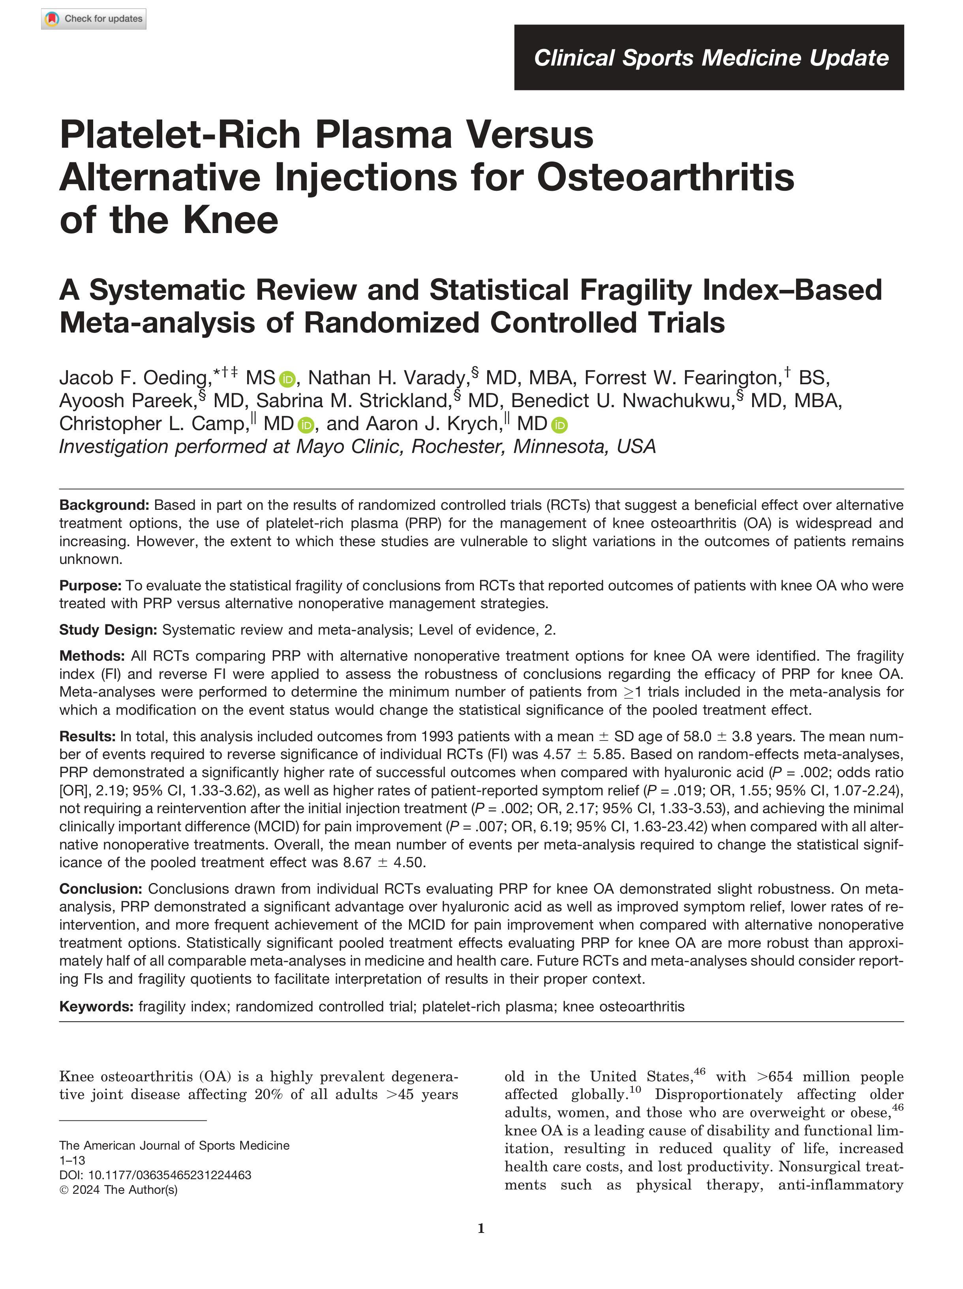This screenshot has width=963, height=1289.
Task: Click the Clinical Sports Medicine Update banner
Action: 708,58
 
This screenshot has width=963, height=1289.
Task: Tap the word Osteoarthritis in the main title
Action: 665,177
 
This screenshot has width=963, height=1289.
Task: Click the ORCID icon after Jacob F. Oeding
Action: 287,380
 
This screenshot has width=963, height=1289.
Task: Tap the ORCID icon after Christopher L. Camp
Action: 305,425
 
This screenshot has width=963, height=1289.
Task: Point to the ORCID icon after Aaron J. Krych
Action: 559,425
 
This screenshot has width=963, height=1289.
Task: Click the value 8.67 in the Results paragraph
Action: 357,862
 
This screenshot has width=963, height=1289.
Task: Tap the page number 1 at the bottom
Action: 481,1229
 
